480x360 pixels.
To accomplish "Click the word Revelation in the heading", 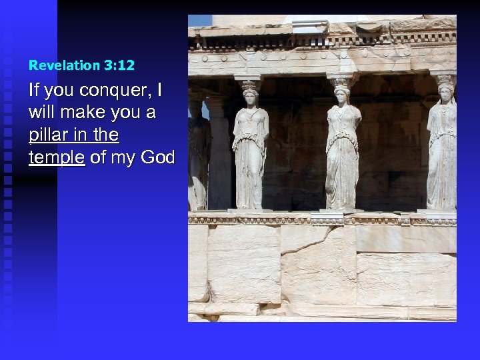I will tap(63, 65).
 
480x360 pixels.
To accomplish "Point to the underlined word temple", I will tap(57, 157).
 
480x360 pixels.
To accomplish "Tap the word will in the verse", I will tap(41, 113).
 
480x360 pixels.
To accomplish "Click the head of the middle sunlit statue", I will tap(343, 96).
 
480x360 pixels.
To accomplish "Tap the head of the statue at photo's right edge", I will tap(445, 93).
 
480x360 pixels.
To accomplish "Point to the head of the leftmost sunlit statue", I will tap(249, 98).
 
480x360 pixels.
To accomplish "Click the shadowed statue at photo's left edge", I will tap(197, 153).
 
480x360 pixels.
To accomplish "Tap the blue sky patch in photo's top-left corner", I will tap(199, 21).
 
